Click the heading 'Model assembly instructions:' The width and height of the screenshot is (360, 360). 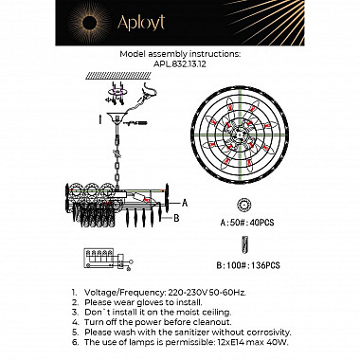point(180,56)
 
